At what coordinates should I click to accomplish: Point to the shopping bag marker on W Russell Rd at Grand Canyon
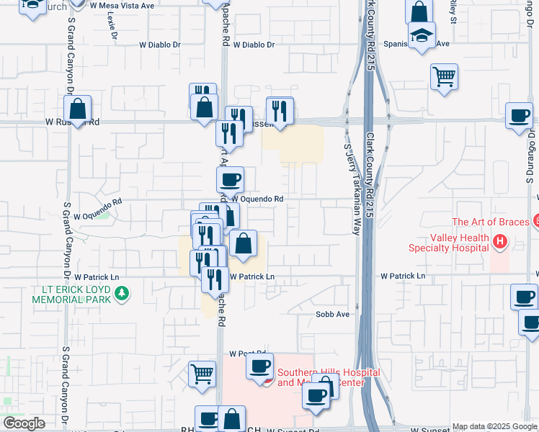click(x=78, y=109)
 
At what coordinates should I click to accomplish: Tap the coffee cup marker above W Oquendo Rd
click(x=230, y=179)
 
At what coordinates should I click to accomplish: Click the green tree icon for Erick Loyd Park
click(x=122, y=293)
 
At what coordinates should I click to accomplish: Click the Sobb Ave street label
click(x=332, y=315)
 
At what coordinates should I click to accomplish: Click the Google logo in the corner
click(x=24, y=423)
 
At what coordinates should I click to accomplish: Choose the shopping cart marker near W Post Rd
click(x=202, y=374)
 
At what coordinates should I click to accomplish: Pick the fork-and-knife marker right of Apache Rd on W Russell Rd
click(x=280, y=111)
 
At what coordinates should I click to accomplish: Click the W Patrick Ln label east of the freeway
click(x=403, y=276)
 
